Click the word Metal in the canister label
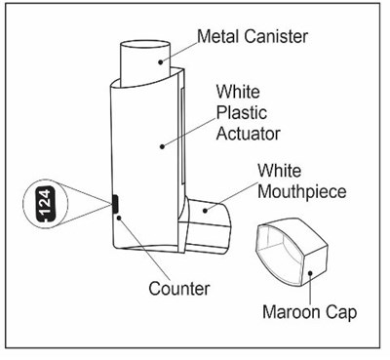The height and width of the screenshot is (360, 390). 218,36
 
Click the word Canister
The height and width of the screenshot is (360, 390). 276,36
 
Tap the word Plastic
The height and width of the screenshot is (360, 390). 242,113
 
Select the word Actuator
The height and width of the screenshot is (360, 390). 249,134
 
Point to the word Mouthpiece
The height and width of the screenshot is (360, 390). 302,192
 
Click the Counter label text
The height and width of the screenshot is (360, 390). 179,289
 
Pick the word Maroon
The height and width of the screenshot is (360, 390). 292,312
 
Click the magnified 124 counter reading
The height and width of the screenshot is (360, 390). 45,204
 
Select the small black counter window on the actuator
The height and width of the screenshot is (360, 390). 115,204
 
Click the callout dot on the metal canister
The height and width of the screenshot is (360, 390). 161,61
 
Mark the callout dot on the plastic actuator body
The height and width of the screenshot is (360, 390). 162,146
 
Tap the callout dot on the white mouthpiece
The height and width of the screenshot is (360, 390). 205,211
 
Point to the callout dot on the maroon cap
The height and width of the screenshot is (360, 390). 310,273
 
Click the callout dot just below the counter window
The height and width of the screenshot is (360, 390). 119,218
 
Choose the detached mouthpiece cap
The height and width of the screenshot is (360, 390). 291,252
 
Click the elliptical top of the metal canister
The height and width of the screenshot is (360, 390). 145,47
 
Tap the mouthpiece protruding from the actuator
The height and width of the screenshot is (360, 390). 206,226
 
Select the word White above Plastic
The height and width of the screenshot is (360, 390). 238,92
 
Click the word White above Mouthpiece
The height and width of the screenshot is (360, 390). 280,171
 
